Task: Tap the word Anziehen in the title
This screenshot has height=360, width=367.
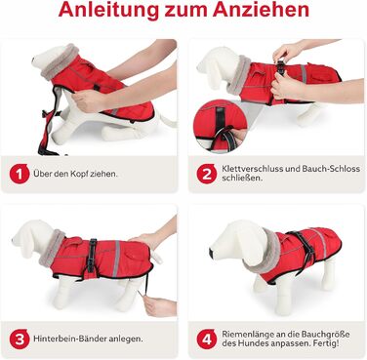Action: pos(261,10)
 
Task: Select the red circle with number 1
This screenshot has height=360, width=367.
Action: pos(20,174)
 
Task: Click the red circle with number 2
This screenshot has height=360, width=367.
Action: pos(207,174)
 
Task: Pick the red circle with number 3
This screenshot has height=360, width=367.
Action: pos(20,339)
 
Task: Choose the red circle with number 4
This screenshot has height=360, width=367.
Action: pos(207,339)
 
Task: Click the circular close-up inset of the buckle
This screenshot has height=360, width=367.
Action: pos(220,126)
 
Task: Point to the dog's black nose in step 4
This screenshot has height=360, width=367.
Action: pos(212,251)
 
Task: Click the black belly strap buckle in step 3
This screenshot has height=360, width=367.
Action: pos(92,257)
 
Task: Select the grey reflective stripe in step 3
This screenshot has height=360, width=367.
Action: pos(117,259)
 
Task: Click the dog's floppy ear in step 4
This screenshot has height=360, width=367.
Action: pos(251,241)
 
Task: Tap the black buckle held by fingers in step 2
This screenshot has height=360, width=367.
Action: pos(281,67)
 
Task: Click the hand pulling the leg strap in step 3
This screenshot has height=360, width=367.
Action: pos(159,305)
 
